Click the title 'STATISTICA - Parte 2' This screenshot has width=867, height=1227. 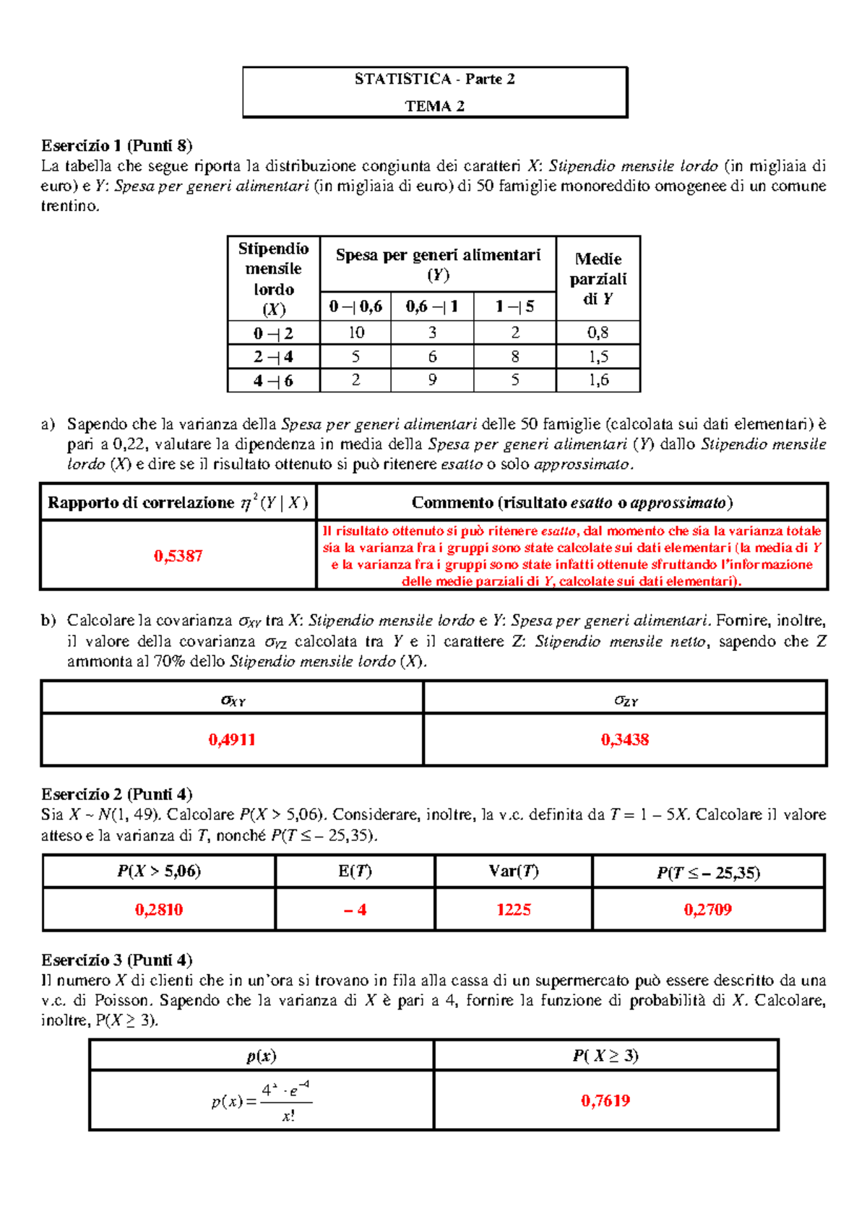434,79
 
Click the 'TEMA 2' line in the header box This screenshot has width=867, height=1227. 434,106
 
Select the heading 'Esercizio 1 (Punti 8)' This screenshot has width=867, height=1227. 116,145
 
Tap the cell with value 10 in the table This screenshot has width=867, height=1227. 356,332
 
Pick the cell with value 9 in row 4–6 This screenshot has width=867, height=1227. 432,379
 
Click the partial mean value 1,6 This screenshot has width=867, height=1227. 598,379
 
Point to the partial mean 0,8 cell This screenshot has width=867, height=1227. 598,332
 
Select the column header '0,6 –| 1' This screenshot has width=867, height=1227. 432,306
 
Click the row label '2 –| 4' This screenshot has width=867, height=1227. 273,356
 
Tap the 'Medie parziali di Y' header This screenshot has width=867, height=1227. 598,278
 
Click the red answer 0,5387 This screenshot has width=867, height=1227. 178,556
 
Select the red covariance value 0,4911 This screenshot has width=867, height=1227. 232,739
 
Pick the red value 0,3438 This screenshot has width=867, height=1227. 625,739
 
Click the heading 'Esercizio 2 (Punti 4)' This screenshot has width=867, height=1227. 116,794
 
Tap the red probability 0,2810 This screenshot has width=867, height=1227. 159,909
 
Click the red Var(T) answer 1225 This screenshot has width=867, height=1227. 514,909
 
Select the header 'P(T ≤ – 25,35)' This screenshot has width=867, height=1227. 708,872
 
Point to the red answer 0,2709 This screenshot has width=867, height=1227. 708,909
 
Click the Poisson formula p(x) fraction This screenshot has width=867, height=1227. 262,1101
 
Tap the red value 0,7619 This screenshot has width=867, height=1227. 605,1101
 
